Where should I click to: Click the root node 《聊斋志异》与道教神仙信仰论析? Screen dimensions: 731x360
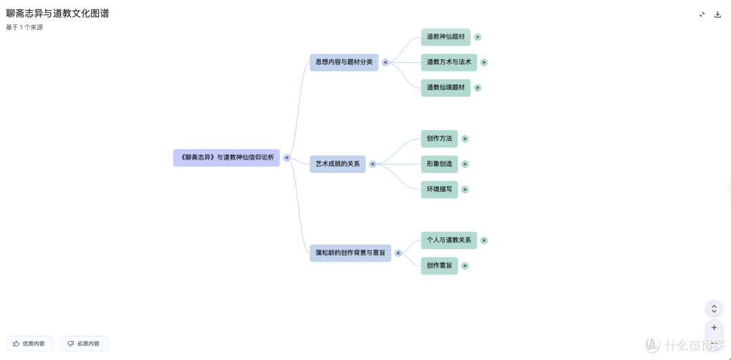tap(227, 158)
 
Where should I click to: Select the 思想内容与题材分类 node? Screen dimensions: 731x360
tap(344, 62)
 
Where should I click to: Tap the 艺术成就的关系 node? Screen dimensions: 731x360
tap(338, 164)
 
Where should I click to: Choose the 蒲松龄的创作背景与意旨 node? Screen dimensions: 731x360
tap(351, 253)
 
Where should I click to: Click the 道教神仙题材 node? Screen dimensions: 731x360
tap(445, 37)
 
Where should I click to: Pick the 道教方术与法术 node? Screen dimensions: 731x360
tap(449, 62)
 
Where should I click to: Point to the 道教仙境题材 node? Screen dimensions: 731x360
tap(445, 88)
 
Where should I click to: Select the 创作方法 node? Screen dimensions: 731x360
tap(440, 139)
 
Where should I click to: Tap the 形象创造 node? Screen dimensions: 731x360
tap(440, 164)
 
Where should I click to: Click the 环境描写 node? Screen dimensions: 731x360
tap(440, 189)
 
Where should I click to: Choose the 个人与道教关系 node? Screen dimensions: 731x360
tap(449, 240)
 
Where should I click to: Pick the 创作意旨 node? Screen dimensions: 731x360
tap(440, 266)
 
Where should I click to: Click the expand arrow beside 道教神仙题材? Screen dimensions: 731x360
tap(478, 37)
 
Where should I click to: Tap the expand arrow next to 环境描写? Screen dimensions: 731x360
tap(465, 189)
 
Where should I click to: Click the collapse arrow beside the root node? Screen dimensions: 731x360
tap(287, 158)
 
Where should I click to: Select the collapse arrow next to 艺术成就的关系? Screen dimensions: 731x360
tap(373, 164)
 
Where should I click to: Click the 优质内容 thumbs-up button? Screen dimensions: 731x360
tap(30, 344)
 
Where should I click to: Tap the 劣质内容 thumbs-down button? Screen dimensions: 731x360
tap(85, 344)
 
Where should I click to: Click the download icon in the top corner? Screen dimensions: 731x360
tap(718, 14)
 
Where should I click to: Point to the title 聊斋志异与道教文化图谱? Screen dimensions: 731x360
tap(58, 14)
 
